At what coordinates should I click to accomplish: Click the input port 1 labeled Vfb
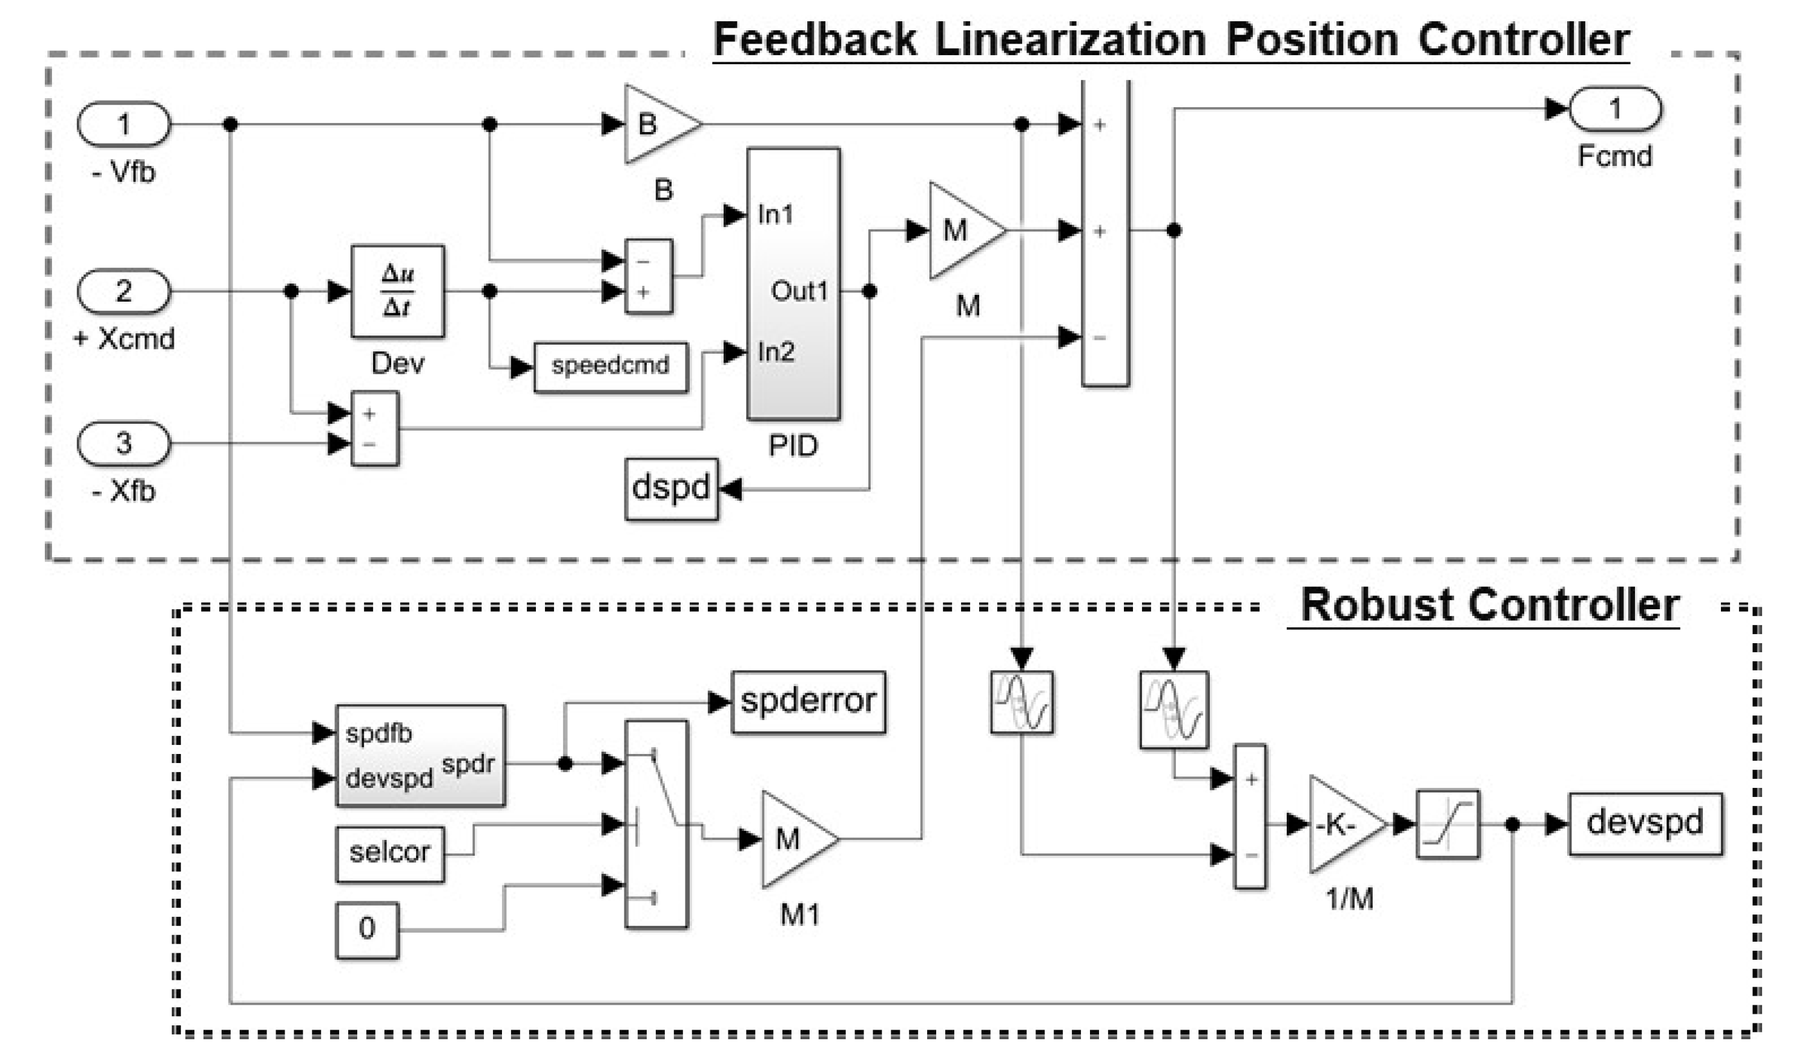tap(124, 125)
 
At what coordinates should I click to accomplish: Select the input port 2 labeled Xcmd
tap(124, 291)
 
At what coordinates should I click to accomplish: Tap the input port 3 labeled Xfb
tap(124, 443)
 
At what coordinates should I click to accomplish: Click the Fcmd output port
tap(1614, 110)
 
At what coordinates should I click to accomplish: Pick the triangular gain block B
tap(657, 125)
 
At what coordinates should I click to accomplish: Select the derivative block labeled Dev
tap(397, 291)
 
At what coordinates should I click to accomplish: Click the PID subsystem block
tap(793, 283)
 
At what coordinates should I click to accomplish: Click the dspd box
tap(671, 489)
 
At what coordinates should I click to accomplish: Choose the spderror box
tap(808, 702)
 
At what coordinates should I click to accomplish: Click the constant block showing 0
tap(367, 930)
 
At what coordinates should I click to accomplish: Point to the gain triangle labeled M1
tap(794, 839)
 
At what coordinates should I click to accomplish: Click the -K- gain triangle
tap(1341, 824)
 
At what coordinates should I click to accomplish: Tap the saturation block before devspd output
tap(1447, 824)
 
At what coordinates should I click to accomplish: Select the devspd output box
tap(1645, 824)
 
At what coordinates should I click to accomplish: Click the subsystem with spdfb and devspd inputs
tap(420, 756)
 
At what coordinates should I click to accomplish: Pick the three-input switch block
tap(656, 824)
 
